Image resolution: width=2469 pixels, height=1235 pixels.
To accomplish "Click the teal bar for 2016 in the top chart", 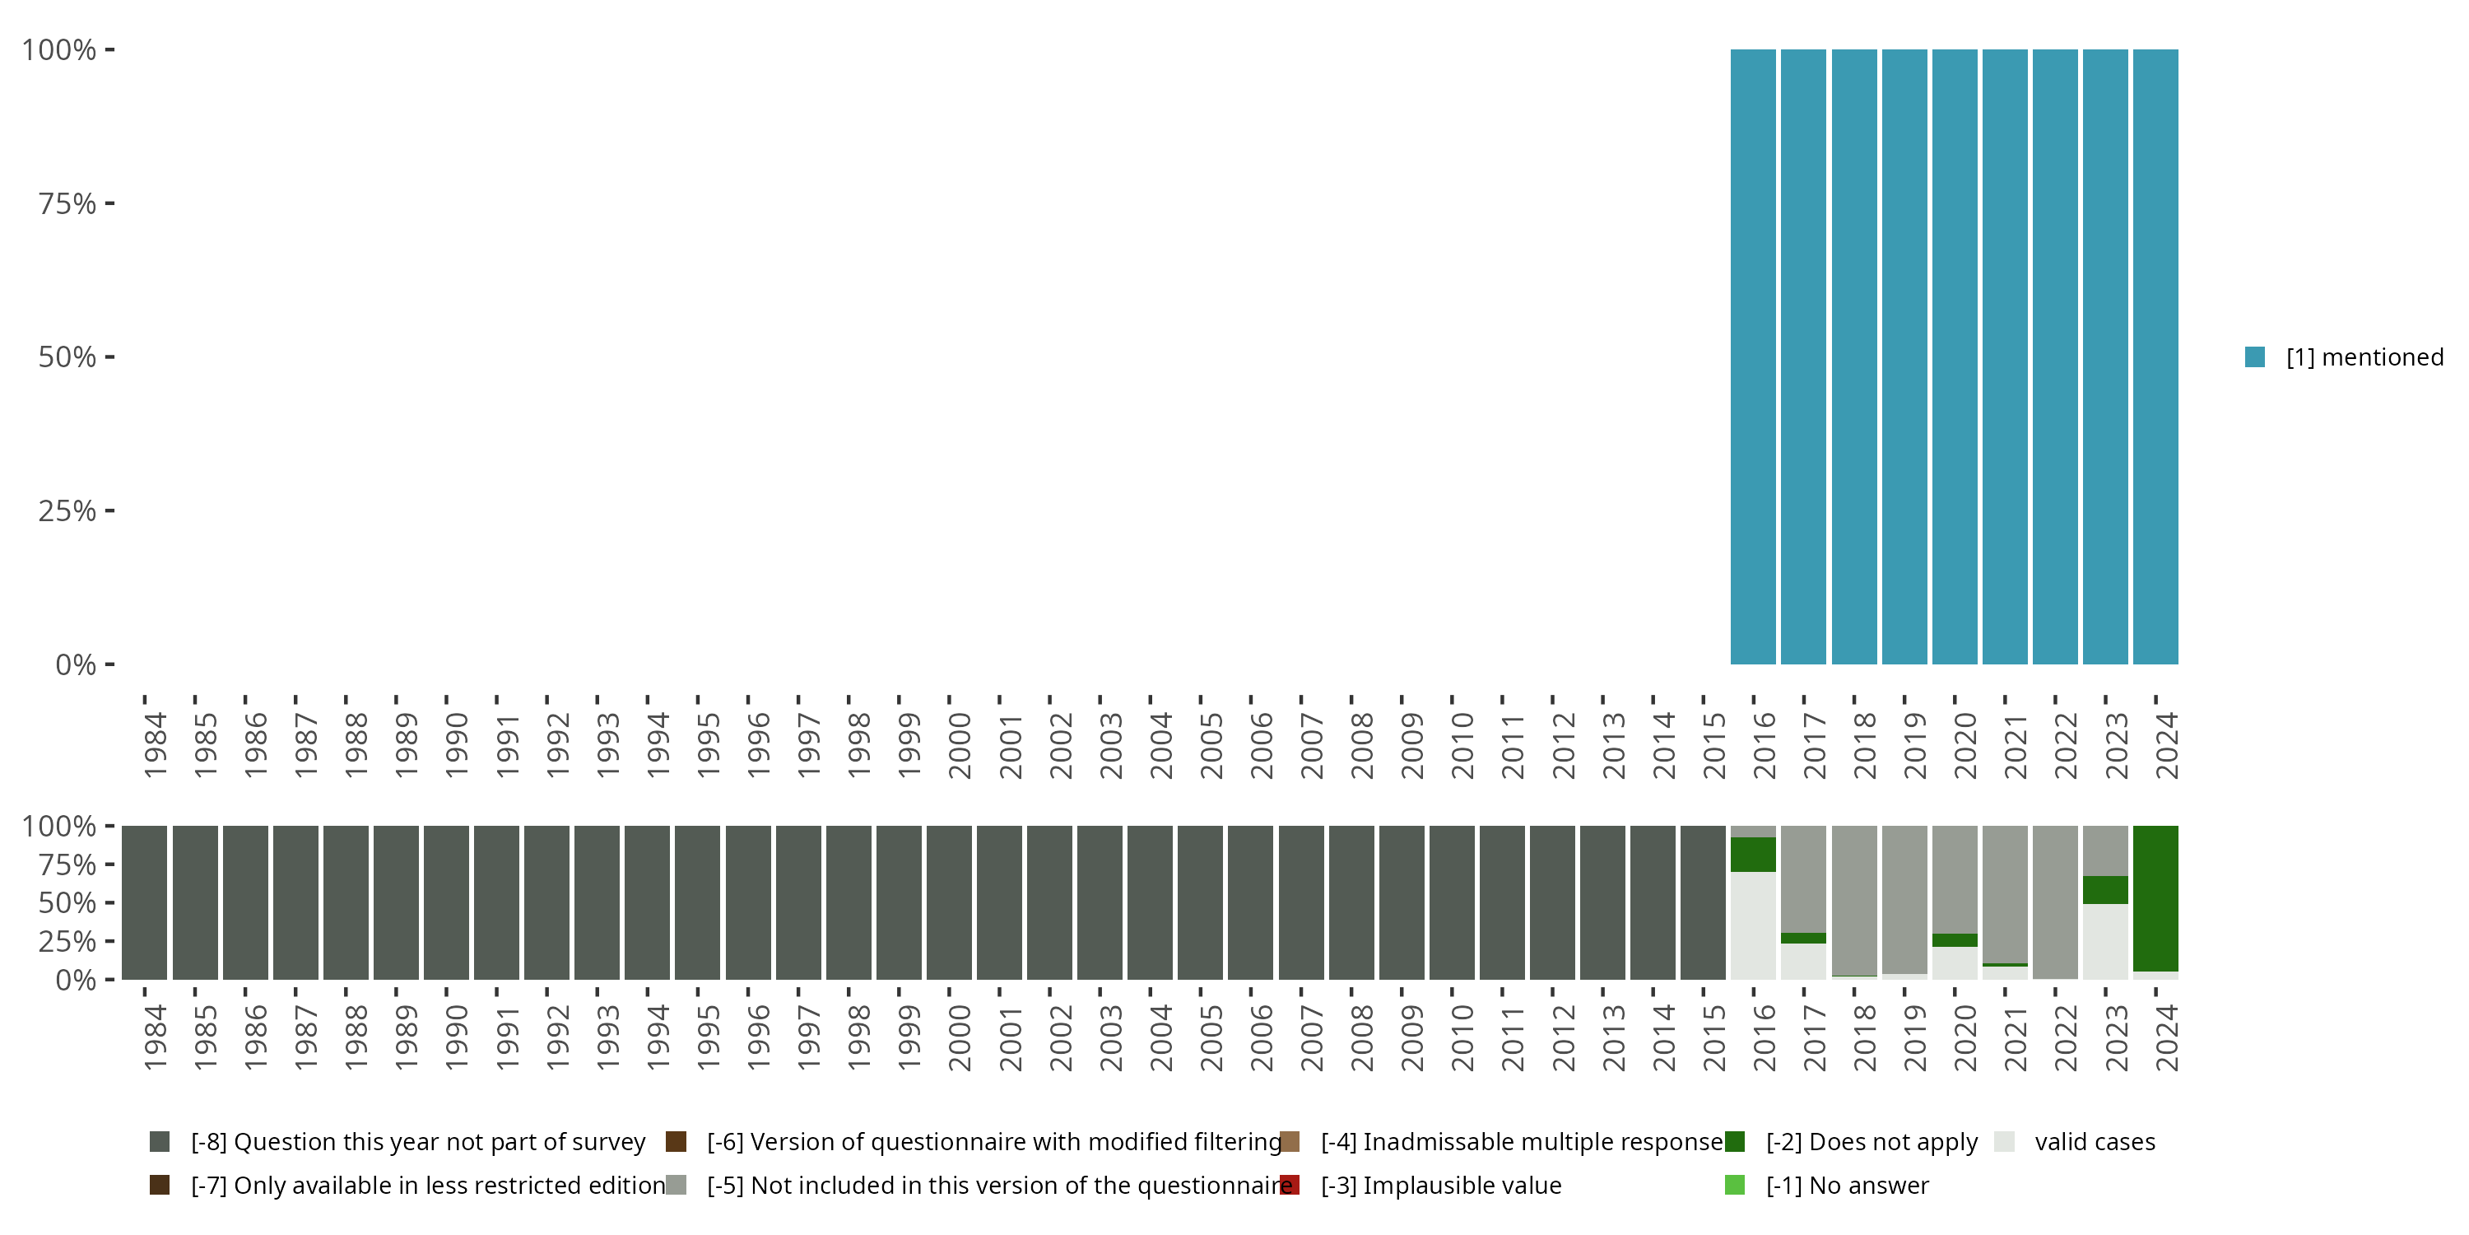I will coord(1753,357).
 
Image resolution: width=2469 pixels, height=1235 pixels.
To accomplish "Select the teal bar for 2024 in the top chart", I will coord(2155,357).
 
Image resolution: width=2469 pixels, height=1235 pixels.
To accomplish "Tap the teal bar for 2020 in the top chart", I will coord(1955,357).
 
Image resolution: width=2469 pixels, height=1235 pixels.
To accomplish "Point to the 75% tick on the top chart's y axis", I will coord(67,203).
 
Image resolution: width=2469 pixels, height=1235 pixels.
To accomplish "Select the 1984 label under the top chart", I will coord(156,745).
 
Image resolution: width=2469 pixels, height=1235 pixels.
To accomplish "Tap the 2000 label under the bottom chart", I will coord(960,1037).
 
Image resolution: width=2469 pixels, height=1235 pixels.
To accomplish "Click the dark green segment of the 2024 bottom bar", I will coord(2155,897).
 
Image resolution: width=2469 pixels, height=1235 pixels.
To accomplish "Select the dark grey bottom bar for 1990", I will coord(447,902).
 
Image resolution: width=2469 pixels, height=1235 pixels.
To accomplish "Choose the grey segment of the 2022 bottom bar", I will coord(2055,902).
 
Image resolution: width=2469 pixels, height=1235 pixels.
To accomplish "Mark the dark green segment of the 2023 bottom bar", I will coord(2104,890).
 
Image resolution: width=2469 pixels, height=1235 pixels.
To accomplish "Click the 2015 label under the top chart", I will coord(1713,745).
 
